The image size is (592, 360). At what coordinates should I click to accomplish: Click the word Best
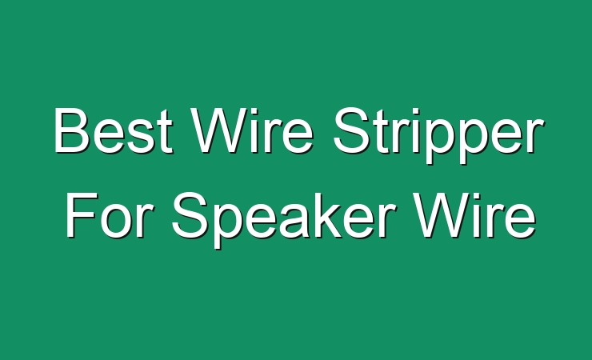[x=114, y=130]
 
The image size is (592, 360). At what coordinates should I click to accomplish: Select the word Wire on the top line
[x=251, y=130]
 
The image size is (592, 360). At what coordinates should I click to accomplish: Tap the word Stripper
[x=438, y=135]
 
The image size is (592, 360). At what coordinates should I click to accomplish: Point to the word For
[x=110, y=215]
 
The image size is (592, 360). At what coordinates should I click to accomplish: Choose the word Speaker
[x=284, y=220]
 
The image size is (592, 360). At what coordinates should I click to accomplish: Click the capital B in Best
[x=73, y=130]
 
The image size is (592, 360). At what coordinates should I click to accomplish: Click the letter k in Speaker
[x=327, y=215]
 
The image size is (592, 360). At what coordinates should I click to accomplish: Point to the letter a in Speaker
[x=294, y=222]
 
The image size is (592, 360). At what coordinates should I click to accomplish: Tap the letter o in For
[x=117, y=222]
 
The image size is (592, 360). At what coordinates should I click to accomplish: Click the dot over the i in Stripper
[x=410, y=111]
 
